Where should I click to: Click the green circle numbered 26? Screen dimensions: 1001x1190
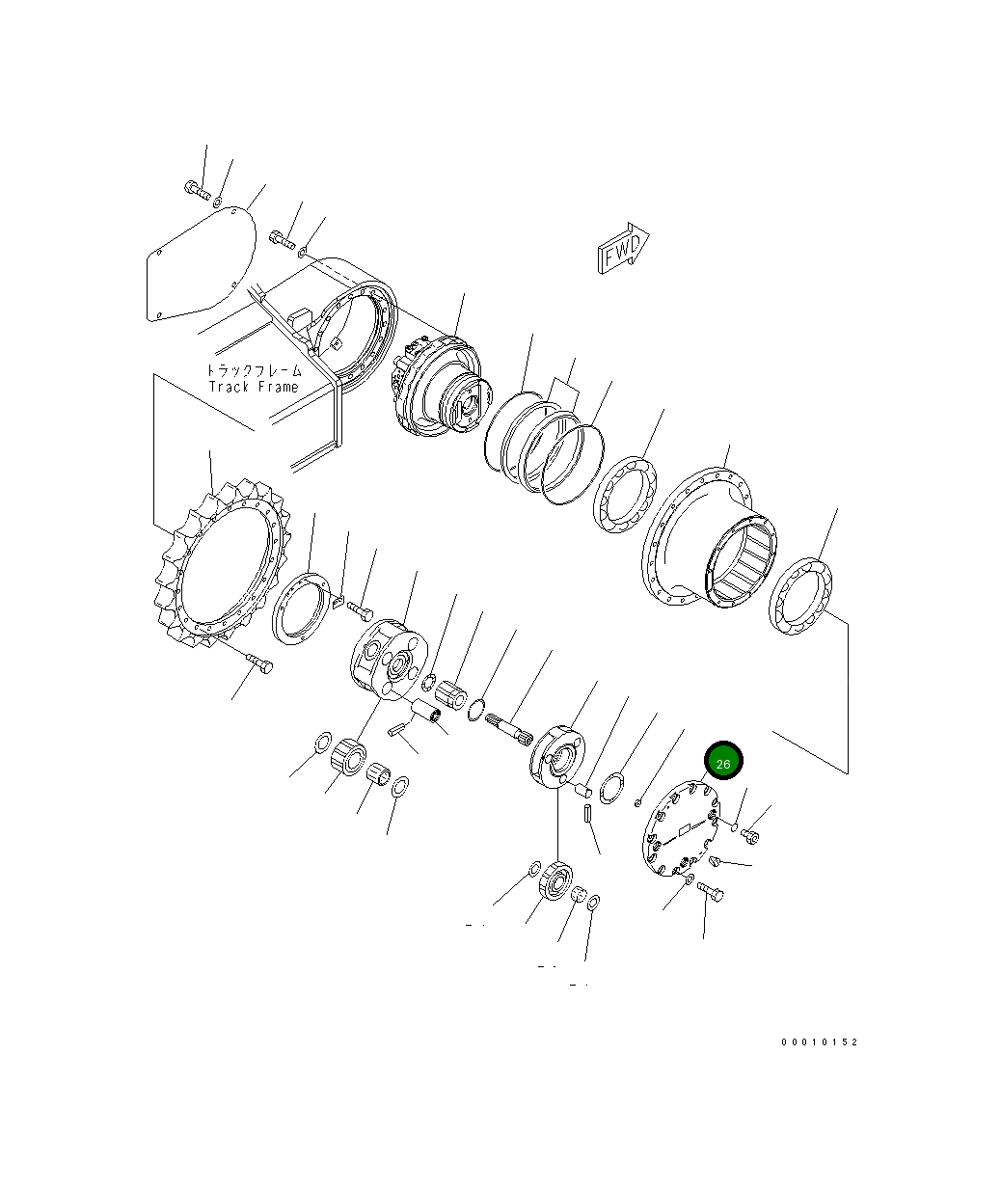click(723, 760)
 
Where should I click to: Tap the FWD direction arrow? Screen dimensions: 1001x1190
click(623, 248)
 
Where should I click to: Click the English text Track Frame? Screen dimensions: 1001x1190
click(254, 387)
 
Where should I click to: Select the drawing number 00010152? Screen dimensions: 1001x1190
click(819, 1042)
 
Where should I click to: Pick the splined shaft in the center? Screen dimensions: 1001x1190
click(510, 730)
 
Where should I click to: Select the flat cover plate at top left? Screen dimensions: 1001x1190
click(201, 265)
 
